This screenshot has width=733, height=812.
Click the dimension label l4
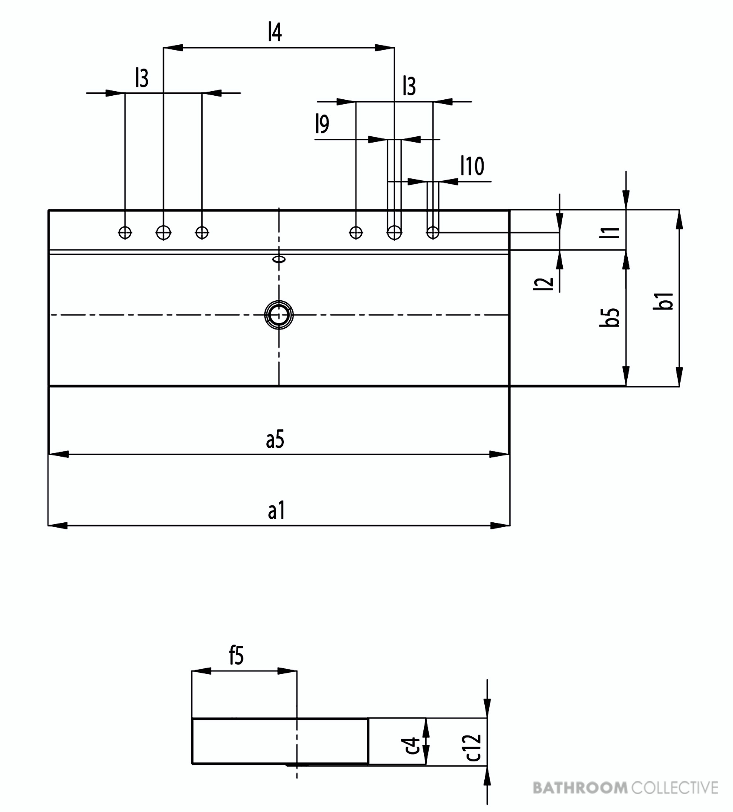(275, 32)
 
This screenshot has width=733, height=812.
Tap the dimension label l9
(322, 124)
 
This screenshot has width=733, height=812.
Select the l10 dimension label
(473, 166)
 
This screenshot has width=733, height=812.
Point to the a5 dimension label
(275, 439)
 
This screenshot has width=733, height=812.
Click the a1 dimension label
(277, 511)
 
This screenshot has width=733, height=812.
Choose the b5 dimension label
(610, 317)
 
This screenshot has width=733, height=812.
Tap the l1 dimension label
(610, 232)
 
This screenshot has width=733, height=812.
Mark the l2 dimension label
(543, 284)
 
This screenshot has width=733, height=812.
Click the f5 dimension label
(236, 655)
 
